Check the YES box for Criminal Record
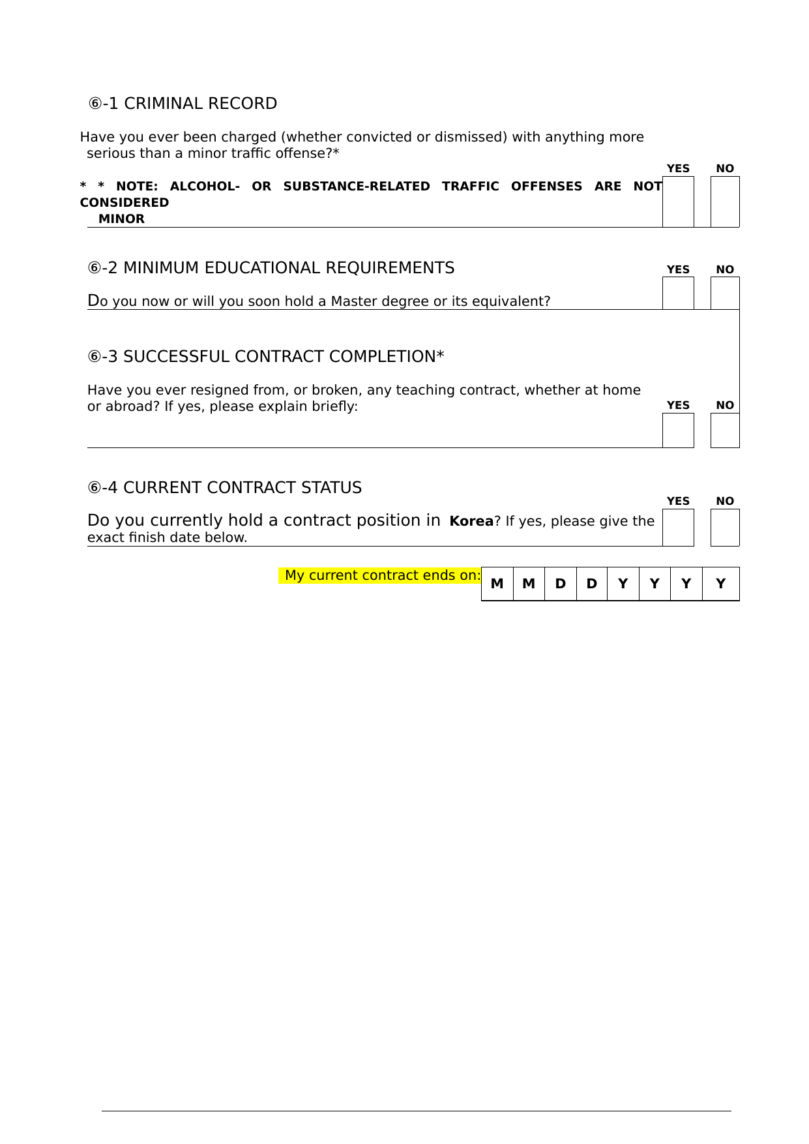pyautogui.click(x=678, y=202)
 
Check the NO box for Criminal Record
pyautogui.click(x=725, y=202)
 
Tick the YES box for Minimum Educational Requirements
pyautogui.click(x=678, y=293)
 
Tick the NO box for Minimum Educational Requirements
pyautogui.click(x=725, y=293)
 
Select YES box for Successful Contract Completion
pyautogui.click(x=678, y=430)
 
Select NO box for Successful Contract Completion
pyautogui.click(x=725, y=430)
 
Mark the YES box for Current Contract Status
pyautogui.click(x=678, y=527)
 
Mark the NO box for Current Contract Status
pyautogui.click(x=725, y=527)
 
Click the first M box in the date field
pyautogui.click(x=497, y=584)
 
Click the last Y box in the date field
pyautogui.click(x=720, y=584)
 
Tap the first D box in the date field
pyautogui.click(x=560, y=584)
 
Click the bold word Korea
pyautogui.click(x=471, y=521)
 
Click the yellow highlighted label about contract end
pyautogui.click(x=382, y=575)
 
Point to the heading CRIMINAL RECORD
pyautogui.click(x=200, y=104)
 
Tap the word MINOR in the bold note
pyautogui.click(x=121, y=219)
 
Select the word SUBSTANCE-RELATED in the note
pyautogui.click(x=357, y=187)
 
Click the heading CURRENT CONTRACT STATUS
pyautogui.click(x=242, y=488)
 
